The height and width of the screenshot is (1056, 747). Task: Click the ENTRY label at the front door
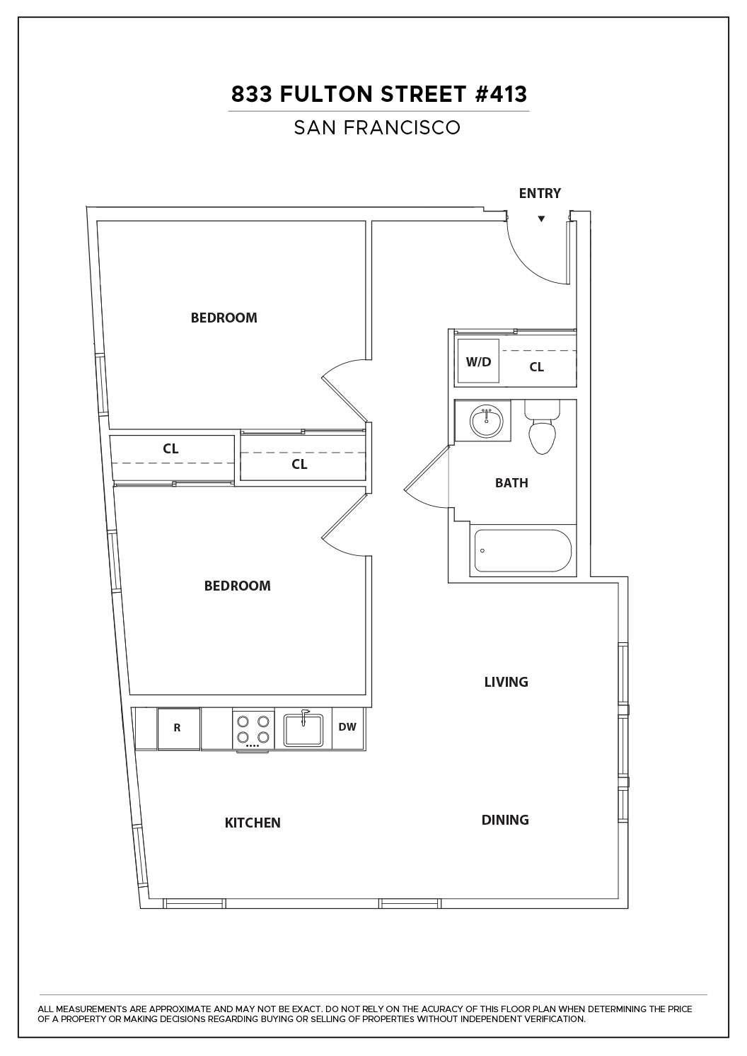(540, 193)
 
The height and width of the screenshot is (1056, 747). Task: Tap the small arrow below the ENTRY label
(541, 219)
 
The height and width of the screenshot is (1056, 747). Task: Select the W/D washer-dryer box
(478, 361)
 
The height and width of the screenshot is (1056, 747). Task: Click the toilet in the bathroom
(543, 429)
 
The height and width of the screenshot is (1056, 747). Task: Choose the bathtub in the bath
(523, 550)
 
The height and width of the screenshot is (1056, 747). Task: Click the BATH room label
(511, 483)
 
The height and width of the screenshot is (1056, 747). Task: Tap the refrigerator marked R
(178, 728)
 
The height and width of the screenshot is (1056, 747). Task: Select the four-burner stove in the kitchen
(253, 729)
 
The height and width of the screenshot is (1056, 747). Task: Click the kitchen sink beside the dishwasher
(303, 729)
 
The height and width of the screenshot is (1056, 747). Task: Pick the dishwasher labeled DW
(347, 727)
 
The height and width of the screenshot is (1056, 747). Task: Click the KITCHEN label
(253, 823)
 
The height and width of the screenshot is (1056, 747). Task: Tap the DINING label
(505, 820)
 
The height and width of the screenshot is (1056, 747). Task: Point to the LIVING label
(506, 682)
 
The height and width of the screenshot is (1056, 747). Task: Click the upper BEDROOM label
(224, 318)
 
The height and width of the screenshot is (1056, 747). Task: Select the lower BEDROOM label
(237, 586)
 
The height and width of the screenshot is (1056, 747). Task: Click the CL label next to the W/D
(537, 367)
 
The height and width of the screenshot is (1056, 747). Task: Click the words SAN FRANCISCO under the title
(377, 127)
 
